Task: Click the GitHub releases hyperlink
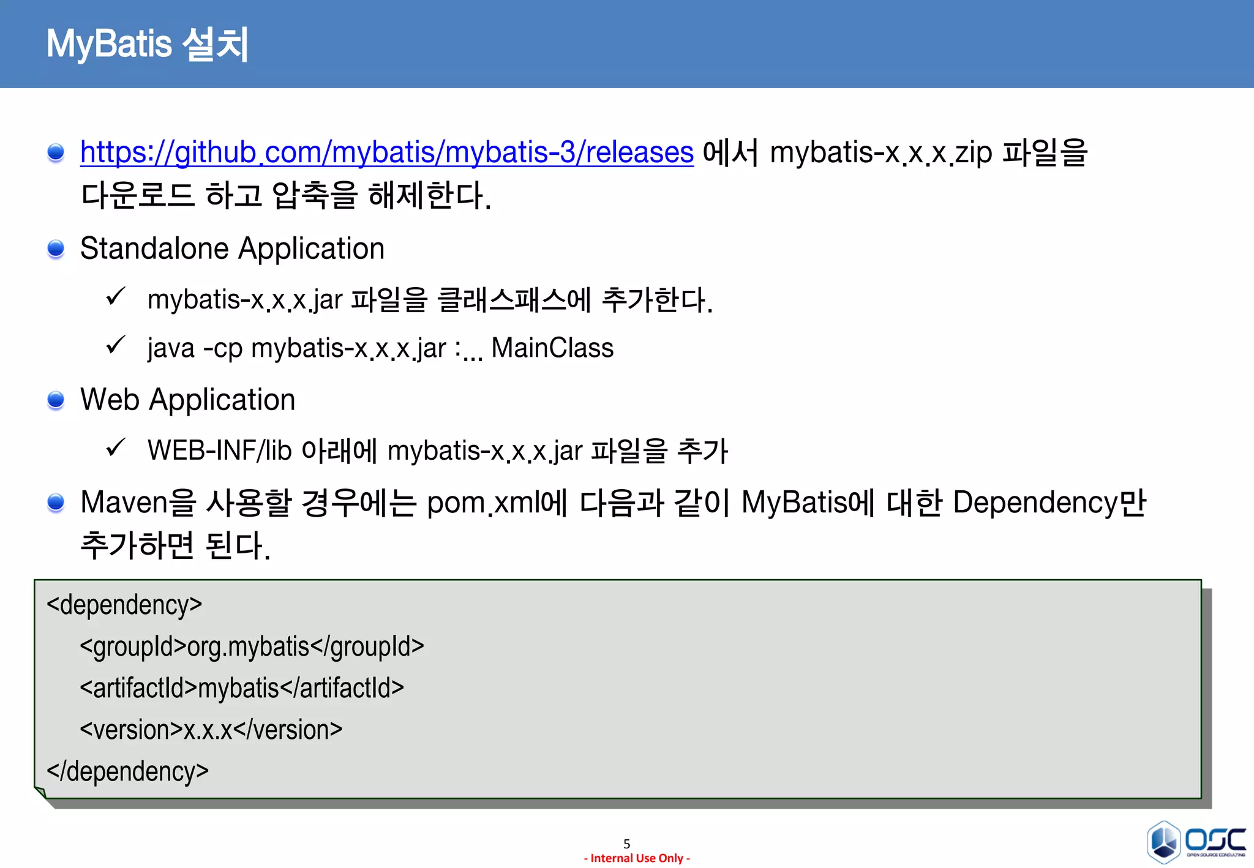[386, 152]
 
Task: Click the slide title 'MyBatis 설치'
[147, 44]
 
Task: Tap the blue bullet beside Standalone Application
[56, 249]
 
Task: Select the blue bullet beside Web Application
[56, 400]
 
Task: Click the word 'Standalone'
[154, 249]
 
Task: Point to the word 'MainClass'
[552, 348]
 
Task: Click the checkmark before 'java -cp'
[115, 345]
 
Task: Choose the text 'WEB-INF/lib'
[219, 451]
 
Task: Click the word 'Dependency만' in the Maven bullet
[1049, 503]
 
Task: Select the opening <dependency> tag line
[124, 605]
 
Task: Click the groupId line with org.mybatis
[252, 646]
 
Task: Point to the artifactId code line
[242, 688]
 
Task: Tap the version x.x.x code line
[211, 730]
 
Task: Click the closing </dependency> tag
[127, 771]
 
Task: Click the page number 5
[626, 844]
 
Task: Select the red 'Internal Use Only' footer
[637, 858]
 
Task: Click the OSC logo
[1196, 841]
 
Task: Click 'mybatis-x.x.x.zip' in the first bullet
[880, 152]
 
